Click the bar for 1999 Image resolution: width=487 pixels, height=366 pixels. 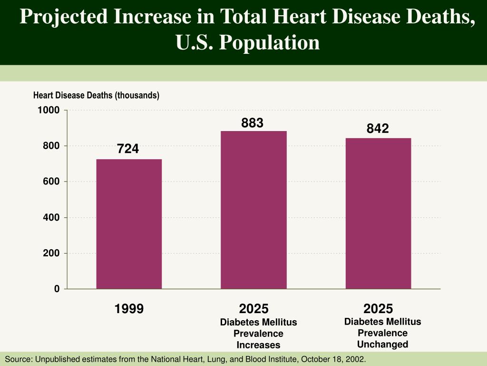pos(129,224)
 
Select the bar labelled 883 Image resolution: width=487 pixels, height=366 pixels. pos(253,210)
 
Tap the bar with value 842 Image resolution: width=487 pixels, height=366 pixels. pos(378,213)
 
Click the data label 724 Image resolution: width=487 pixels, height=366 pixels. pos(128,149)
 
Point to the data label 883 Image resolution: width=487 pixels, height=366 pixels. pos(252,123)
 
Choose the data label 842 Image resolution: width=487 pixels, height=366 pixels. pos(378,129)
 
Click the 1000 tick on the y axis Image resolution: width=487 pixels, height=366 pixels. pos(49,111)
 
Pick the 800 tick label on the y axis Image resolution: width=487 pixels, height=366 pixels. pos(52,146)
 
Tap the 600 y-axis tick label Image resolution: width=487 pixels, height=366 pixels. pos(52,182)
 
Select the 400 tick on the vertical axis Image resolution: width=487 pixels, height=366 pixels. pos(52,217)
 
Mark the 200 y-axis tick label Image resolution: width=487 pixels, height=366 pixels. pos(52,253)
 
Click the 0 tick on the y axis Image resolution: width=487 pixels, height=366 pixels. pos(57,289)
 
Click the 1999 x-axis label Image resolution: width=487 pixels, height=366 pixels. pos(129,309)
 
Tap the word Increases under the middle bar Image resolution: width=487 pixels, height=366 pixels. pos(258,345)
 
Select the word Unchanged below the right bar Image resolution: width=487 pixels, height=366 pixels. pos(382,344)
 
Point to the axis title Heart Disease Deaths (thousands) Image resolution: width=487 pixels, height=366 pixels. pos(96,95)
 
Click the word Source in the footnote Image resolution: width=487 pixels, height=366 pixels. pos(17,359)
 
